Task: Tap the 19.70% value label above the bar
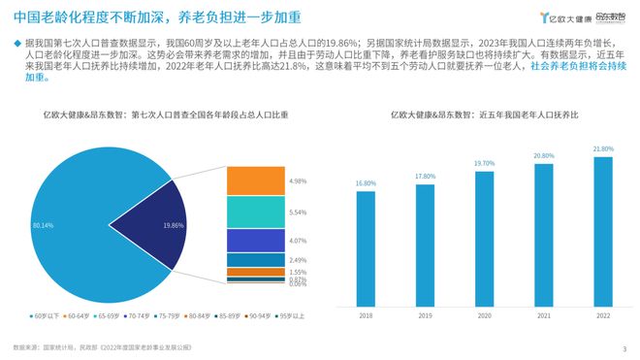tap(484, 163)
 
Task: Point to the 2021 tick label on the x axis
tap(543, 316)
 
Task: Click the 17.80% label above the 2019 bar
tap(425, 176)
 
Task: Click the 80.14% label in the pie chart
tap(43, 225)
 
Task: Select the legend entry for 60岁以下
tap(46, 316)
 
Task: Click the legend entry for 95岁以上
tap(290, 316)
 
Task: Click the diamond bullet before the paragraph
tap(13, 44)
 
